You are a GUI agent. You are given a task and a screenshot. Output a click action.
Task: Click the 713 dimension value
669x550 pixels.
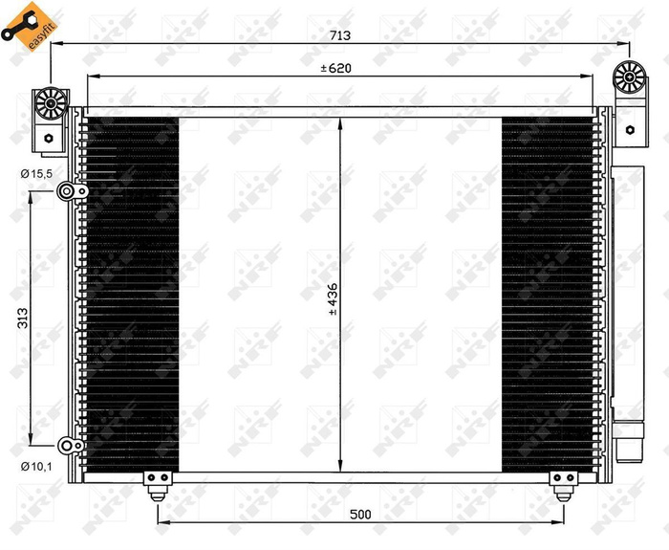[x=340, y=35]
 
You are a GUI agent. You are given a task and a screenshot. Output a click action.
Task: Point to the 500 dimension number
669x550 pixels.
[x=359, y=515]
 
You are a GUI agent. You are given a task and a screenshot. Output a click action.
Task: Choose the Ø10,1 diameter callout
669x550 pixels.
[x=36, y=467]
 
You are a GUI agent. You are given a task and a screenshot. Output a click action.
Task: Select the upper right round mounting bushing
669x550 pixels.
[x=630, y=78]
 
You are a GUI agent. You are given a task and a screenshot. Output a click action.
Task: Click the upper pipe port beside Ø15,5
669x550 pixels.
[x=66, y=192]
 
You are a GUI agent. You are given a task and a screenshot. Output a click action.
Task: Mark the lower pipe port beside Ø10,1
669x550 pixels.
[x=66, y=445]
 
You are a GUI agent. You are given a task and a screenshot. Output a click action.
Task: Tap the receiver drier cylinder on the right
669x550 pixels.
[x=629, y=306]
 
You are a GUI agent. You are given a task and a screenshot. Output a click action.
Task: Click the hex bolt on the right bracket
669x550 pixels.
[x=629, y=128]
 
